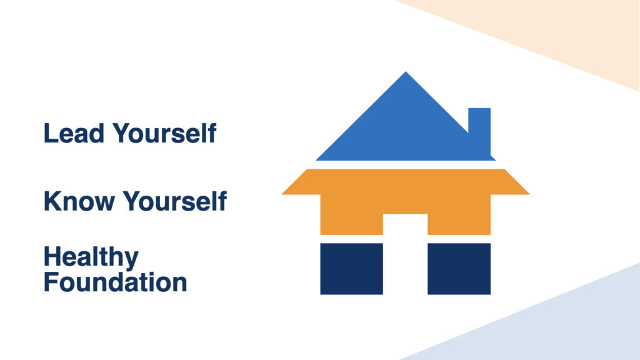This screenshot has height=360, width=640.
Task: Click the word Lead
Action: click(x=74, y=133)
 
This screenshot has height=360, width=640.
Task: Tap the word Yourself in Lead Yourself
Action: click(x=164, y=132)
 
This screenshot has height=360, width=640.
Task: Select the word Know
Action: click(x=79, y=201)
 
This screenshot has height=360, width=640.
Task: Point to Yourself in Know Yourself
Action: click(x=175, y=201)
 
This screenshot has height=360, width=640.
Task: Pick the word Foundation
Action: click(x=115, y=282)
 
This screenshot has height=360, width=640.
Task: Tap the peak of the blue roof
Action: click(x=406, y=72)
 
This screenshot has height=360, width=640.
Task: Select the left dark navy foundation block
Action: click(x=351, y=269)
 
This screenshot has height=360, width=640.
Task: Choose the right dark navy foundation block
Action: click(x=459, y=269)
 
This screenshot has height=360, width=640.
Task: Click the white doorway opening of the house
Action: click(x=405, y=254)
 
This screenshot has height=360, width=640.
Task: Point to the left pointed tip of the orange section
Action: click(x=282, y=194)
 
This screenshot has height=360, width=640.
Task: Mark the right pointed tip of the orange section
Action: click(x=529, y=194)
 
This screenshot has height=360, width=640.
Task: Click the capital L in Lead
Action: click(x=50, y=133)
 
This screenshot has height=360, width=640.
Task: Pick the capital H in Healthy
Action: click(x=52, y=257)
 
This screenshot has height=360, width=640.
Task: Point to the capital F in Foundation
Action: click(x=51, y=282)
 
